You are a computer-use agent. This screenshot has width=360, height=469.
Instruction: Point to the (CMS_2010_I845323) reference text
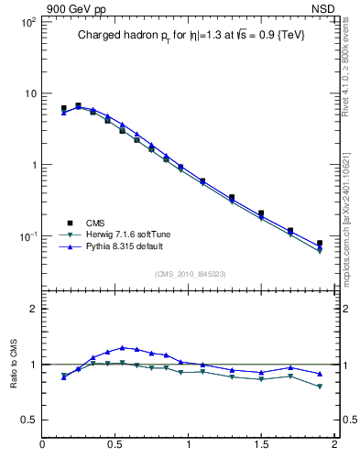point(190,274)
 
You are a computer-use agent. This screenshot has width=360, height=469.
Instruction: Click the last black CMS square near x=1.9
point(320,244)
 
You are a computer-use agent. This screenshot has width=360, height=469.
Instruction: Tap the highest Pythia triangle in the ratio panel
point(122,347)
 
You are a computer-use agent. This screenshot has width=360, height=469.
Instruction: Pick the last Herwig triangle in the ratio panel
point(320,387)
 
